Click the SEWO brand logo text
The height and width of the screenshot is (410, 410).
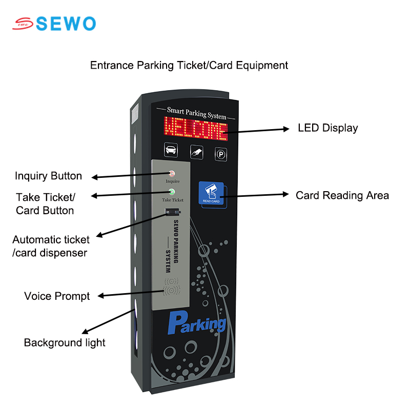point(66,24)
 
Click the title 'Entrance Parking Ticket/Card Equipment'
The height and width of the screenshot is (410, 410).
point(189,66)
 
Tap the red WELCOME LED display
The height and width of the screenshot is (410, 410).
point(196,129)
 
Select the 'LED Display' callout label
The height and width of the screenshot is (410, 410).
point(328,128)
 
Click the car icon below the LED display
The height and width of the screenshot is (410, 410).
point(171,150)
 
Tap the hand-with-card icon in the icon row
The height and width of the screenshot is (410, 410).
point(196,152)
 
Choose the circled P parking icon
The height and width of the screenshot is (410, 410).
point(221,154)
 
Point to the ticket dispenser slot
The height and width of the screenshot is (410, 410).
point(173,212)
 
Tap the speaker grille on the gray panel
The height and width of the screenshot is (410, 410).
point(172,287)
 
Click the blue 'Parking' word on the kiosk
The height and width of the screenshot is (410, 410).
point(197,323)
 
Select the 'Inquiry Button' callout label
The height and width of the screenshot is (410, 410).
point(48,176)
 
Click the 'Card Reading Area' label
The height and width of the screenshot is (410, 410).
point(342,196)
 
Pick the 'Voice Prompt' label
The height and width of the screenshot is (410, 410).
point(57,296)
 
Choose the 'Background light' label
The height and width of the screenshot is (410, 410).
point(65,343)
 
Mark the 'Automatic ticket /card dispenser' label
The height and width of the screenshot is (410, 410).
point(51,247)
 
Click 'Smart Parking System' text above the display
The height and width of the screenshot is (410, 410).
point(196,113)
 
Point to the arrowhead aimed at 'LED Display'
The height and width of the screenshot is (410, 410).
point(286,129)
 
